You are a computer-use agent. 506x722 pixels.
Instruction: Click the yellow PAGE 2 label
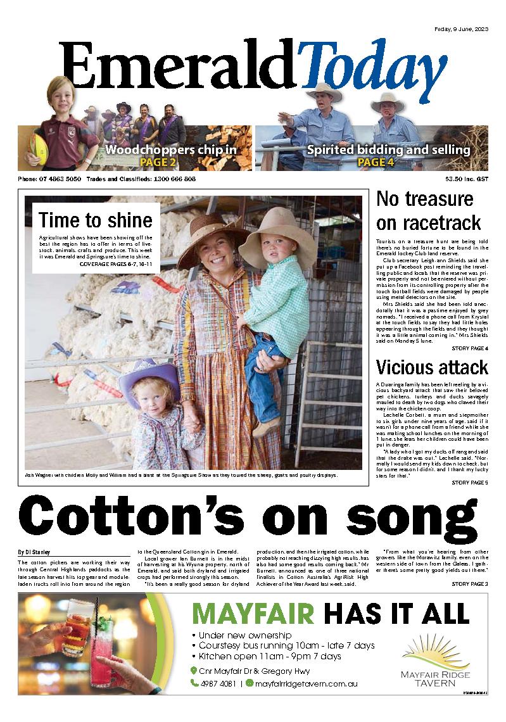pyautogui.click(x=158, y=163)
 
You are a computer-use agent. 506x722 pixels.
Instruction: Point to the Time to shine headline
pyautogui.click(x=96, y=220)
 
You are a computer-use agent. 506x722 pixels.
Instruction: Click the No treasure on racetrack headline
pyautogui.click(x=429, y=210)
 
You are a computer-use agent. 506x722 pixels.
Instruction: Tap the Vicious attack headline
pyautogui.click(x=431, y=367)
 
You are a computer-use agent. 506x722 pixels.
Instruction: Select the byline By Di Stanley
pyautogui.click(x=35, y=552)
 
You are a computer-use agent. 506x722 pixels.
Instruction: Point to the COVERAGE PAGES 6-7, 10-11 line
pyautogui.click(x=117, y=264)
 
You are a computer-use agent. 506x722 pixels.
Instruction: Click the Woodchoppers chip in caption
pyautogui.click(x=170, y=151)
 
